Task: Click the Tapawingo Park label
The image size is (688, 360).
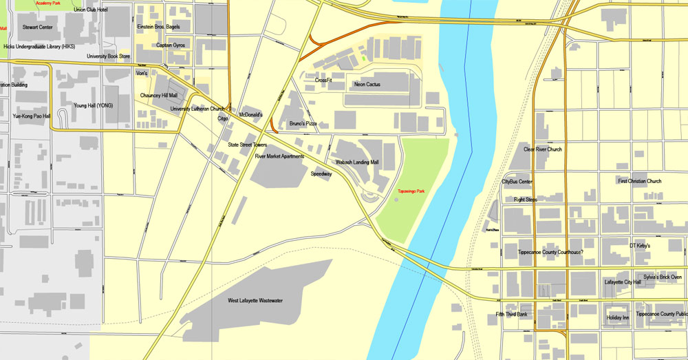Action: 411,191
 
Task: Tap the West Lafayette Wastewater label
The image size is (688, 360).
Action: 255,301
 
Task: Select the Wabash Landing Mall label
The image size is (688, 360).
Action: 357,162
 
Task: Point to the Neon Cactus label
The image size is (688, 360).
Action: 367,85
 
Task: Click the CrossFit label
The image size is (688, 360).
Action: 323,81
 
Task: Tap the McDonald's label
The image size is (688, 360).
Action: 250,115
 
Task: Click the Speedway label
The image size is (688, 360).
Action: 321,174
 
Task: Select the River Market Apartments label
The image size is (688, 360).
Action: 279,156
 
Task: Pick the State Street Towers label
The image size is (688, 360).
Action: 248,145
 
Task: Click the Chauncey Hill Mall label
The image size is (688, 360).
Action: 159,96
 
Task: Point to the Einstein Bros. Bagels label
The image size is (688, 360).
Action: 160,27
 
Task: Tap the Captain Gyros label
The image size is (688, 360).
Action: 171,45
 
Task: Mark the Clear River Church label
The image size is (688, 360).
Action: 543,149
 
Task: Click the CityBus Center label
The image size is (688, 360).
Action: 517,182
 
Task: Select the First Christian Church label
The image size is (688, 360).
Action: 639,182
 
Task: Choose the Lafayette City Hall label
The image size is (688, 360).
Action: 623,282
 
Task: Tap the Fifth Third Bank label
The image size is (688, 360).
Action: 511,315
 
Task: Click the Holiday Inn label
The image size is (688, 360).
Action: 618,318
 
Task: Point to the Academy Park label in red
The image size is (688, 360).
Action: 47,3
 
